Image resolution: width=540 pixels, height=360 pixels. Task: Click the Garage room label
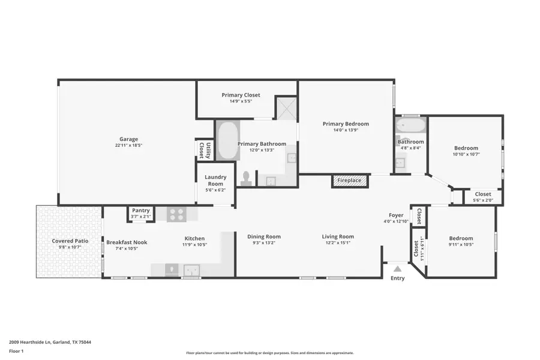point(128,139)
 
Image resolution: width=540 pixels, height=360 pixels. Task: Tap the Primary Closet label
point(241,95)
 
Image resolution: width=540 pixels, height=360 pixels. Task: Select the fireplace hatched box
point(349,180)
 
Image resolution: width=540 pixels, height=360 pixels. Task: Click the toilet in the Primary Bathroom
point(246,178)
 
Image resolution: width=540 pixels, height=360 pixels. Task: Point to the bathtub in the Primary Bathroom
point(227,140)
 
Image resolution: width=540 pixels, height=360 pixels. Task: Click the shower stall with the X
point(286,108)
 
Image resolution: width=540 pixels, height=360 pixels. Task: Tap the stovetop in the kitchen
point(176,214)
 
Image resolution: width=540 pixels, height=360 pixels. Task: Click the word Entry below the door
point(397,278)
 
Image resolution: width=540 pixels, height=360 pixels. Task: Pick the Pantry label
point(141,211)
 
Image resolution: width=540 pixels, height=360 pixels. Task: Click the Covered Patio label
point(70,241)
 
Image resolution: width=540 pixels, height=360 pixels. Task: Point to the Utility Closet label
point(205,150)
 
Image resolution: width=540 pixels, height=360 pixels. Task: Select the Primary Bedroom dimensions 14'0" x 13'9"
point(346,130)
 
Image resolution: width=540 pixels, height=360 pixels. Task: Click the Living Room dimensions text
point(338,243)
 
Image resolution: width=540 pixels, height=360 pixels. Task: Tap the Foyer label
point(396,215)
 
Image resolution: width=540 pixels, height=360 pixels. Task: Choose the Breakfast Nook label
point(127,242)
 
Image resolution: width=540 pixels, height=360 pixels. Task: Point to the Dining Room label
point(264,236)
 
